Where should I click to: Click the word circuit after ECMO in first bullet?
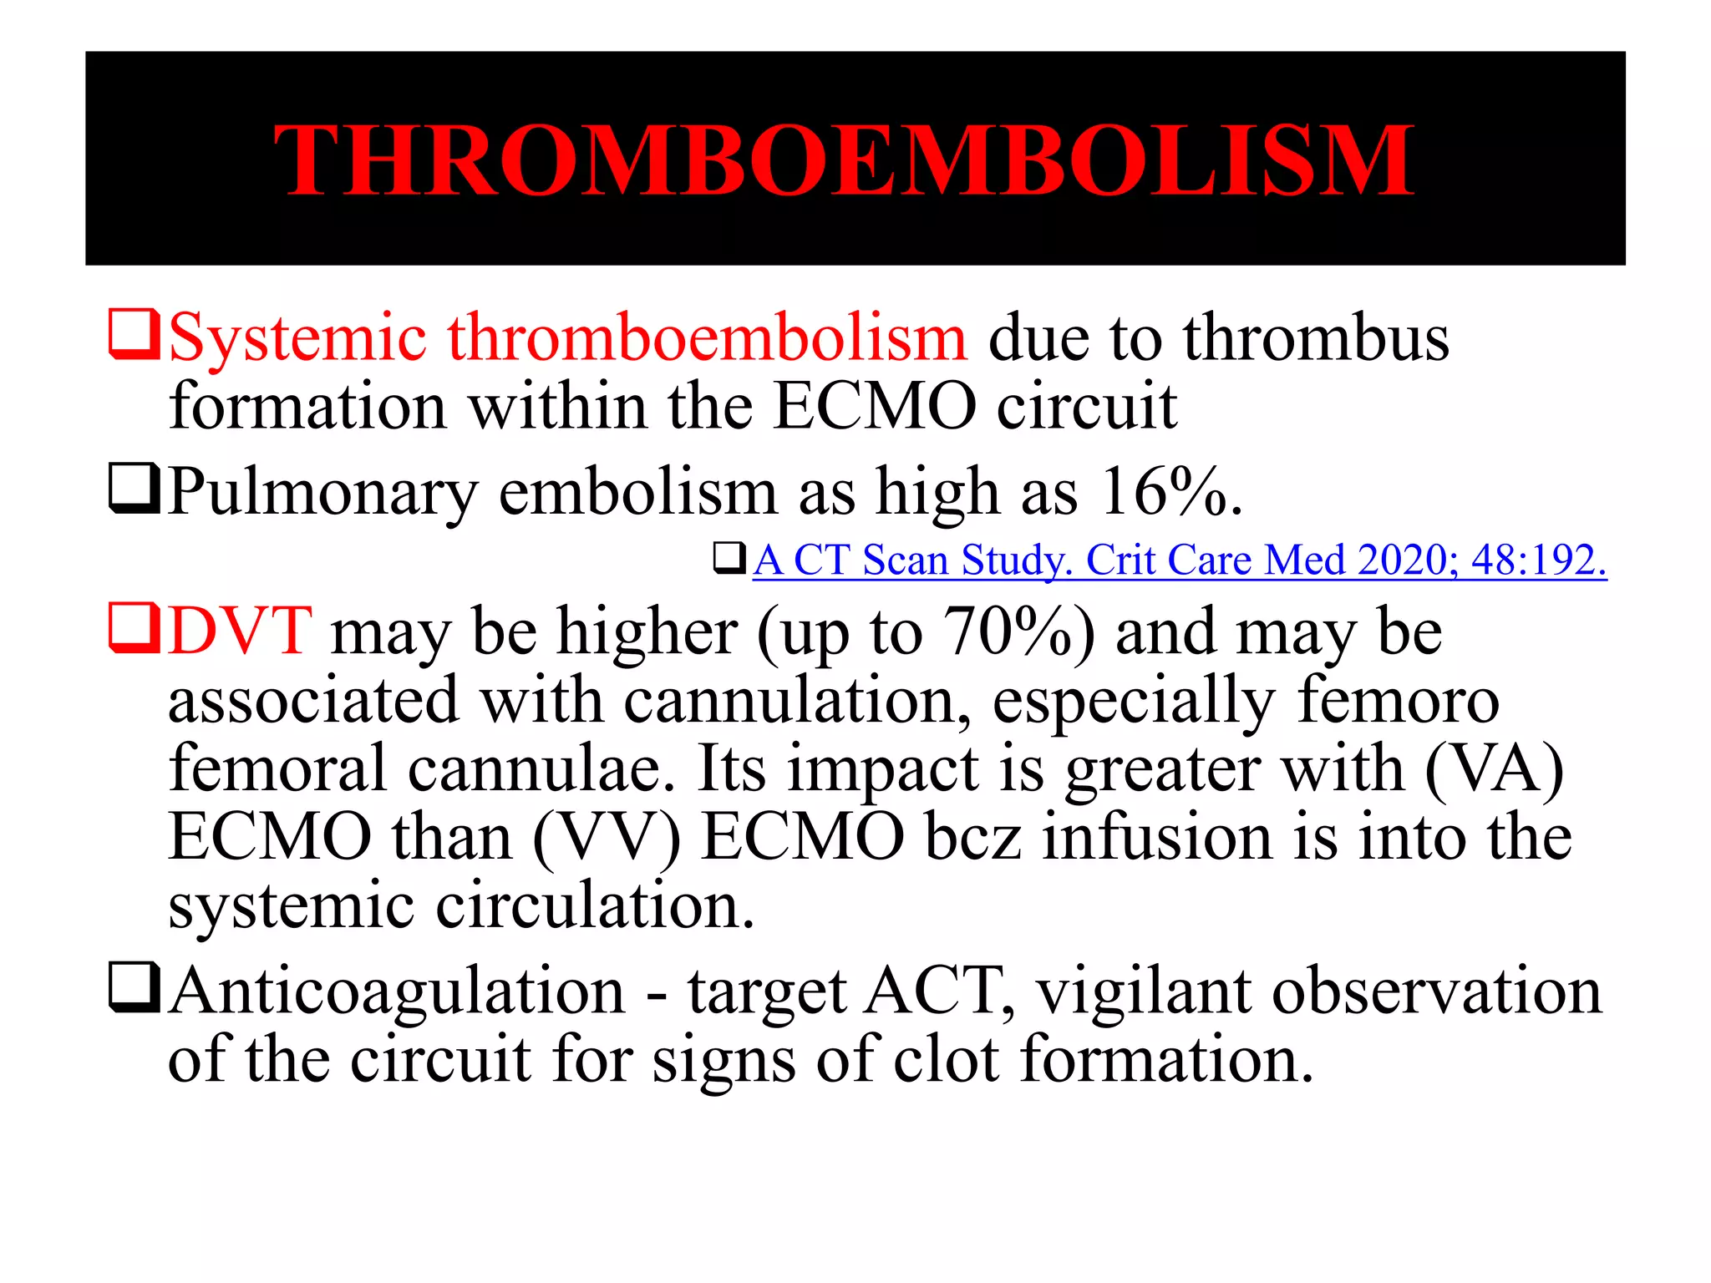pos(1087,407)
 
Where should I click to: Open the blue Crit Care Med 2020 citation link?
pos(1179,560)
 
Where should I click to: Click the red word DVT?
pos(240,631)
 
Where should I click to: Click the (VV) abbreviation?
pos(607,837)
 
